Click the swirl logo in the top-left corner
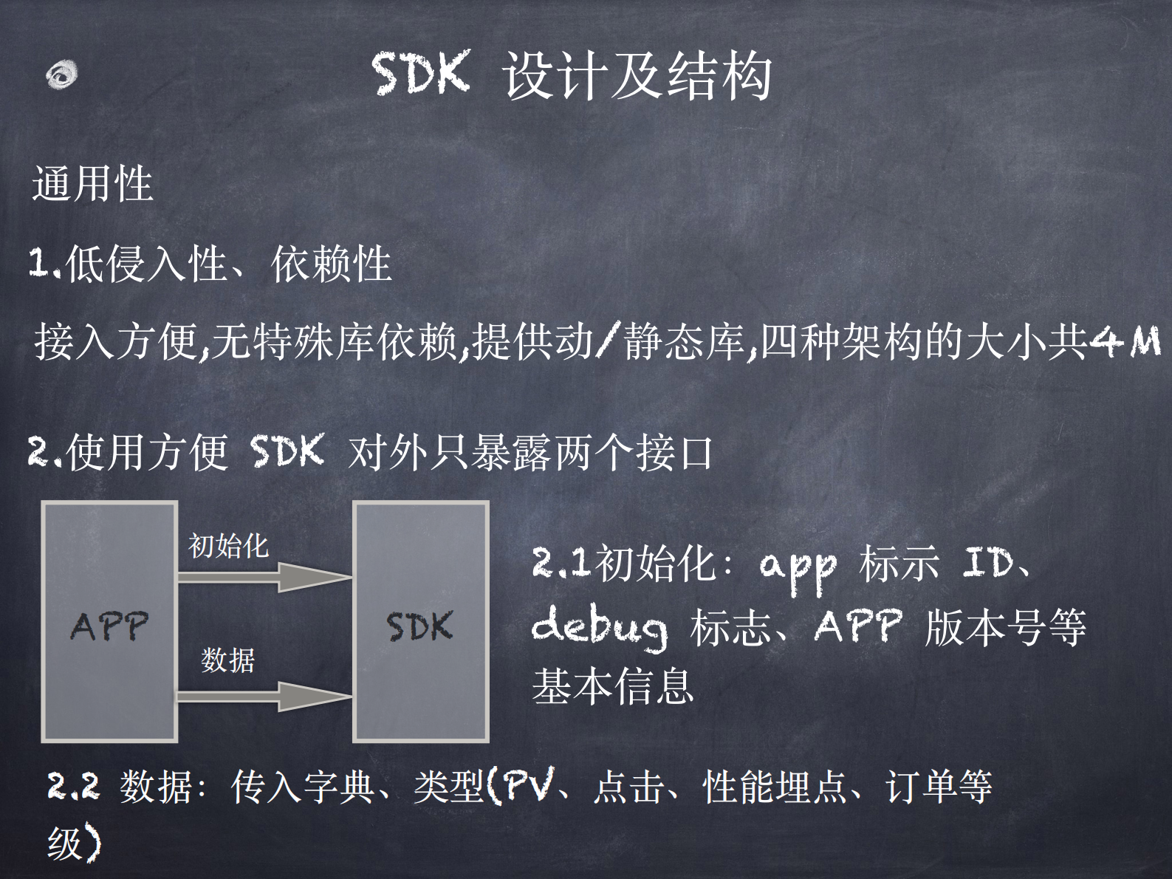[61, 75]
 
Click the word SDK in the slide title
[421, 74]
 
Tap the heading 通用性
[92, 183]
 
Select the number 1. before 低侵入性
[44, 263]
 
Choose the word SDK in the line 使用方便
[287, 451]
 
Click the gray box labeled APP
[109, 622]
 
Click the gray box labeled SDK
[420, 622]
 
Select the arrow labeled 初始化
[263, 577]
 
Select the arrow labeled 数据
[263, 696]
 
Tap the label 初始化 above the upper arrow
[228, 546]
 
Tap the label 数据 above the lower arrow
[227, 660]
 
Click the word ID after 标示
[988, 564]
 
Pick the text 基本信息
[612, 685]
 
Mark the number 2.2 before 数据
[73, 786]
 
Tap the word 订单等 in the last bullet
[939, 786]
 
